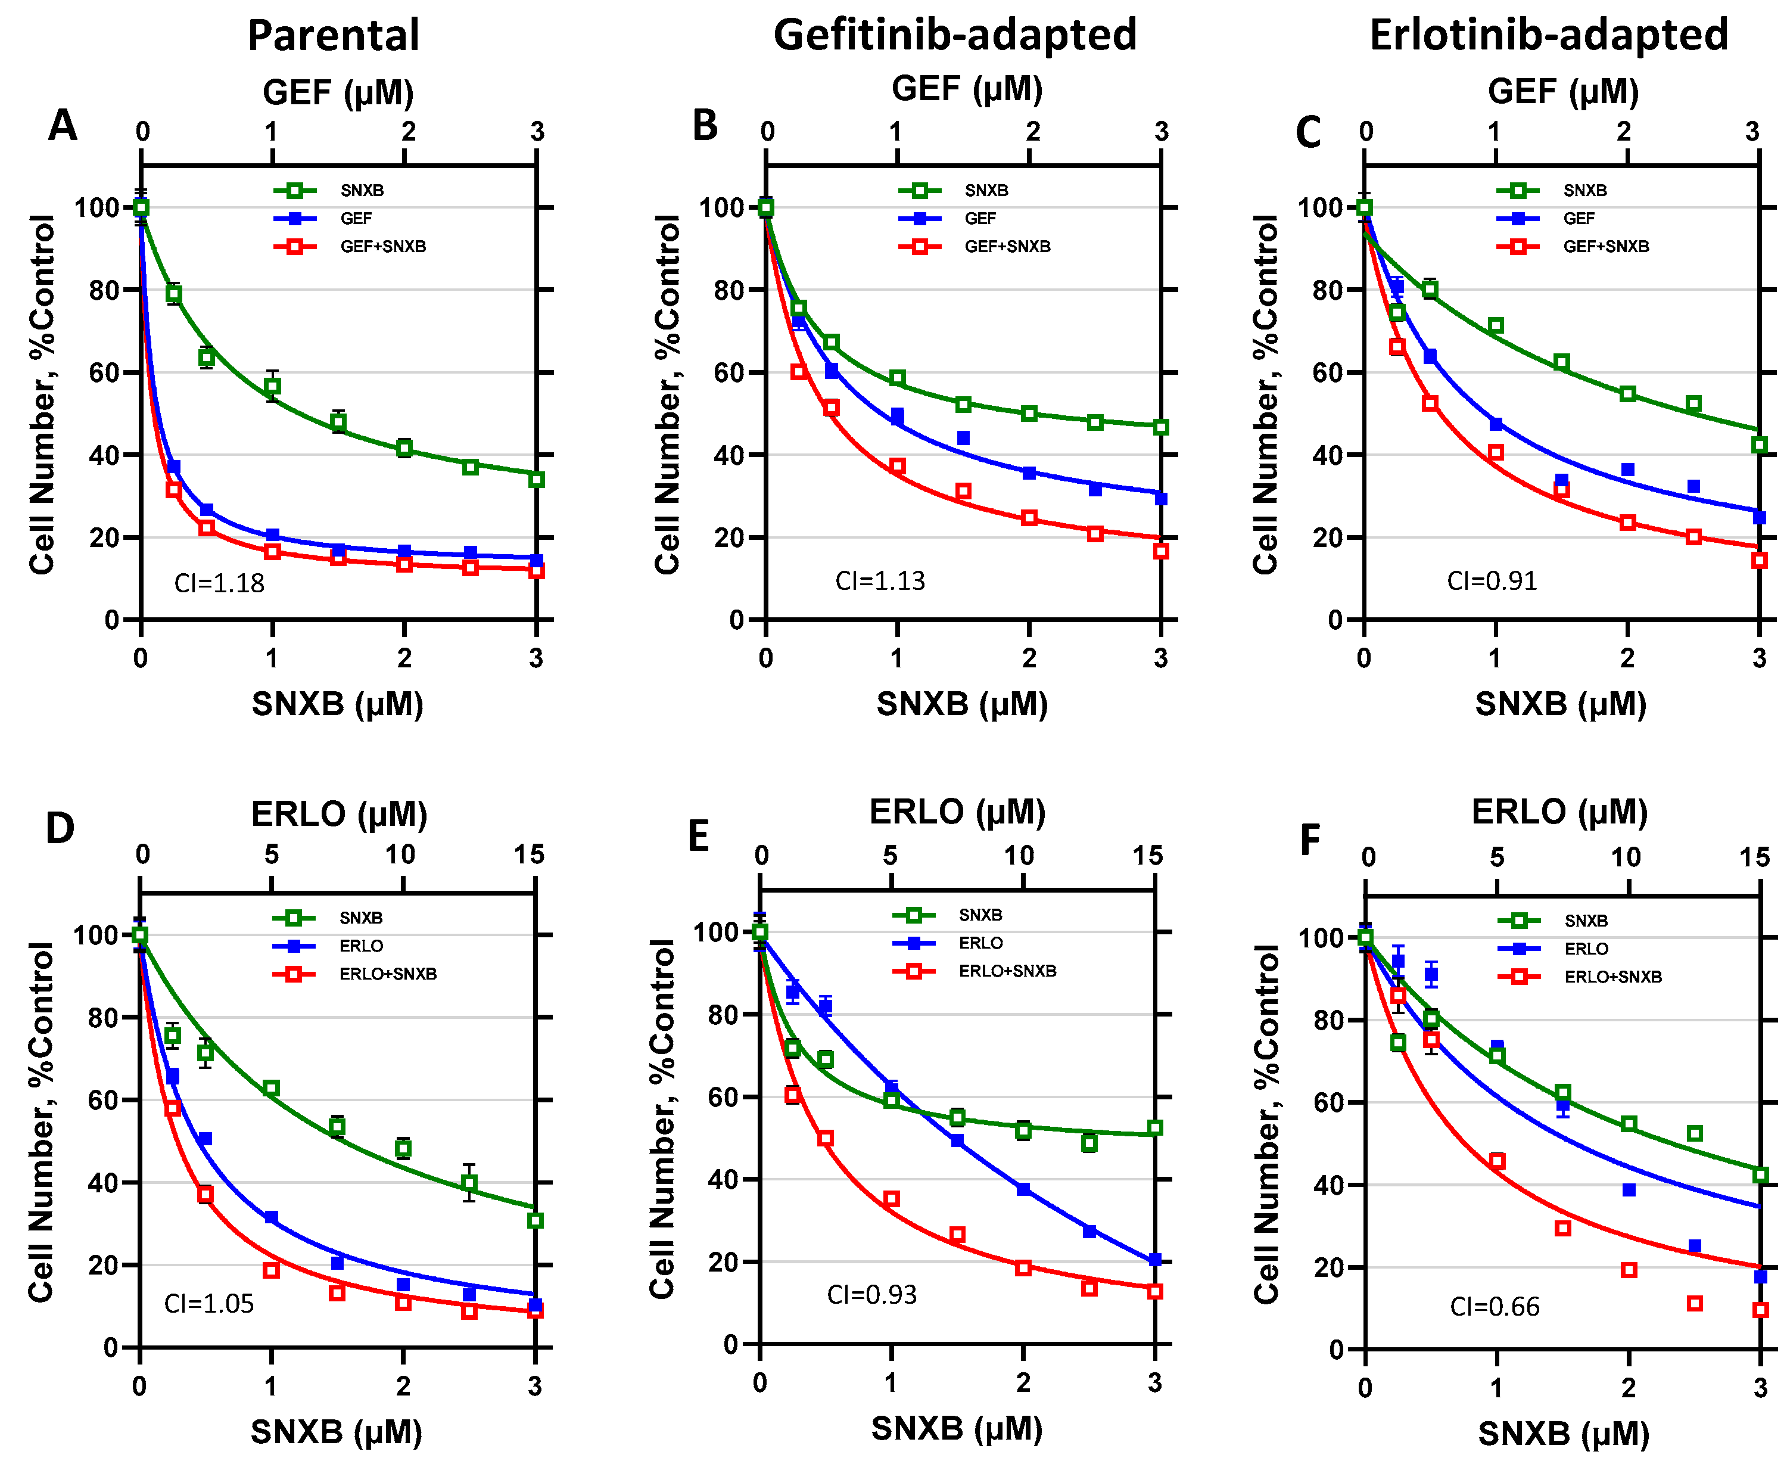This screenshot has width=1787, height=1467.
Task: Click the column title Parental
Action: click(333, 36)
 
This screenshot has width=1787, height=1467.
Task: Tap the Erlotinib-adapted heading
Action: click(1548, 36)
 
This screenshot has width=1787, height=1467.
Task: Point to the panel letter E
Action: click(698, 837)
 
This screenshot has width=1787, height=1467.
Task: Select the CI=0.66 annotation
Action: click(1494, 1307)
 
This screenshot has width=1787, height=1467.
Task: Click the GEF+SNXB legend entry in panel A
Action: click(383, 247)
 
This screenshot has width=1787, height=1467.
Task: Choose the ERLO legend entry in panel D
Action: click(361, 946)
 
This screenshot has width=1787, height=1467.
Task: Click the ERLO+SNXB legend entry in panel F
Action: click(1612, 977)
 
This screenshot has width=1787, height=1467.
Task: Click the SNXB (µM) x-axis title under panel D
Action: click(337, 1431)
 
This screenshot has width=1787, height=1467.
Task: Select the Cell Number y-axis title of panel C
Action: click(1265, 394)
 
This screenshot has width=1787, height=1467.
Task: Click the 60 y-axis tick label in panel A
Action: click(107, 372)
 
